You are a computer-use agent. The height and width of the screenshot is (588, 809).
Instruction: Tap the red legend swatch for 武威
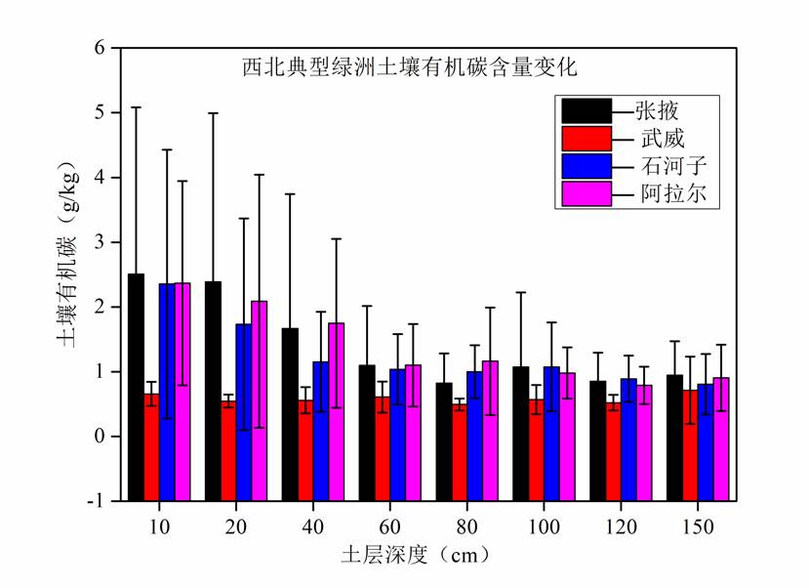click(x=586, y=138)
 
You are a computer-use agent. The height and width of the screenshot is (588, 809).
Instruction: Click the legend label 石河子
click(x=664, y=166)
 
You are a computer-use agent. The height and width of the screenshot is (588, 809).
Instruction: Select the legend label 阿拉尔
click(x=664, y=194)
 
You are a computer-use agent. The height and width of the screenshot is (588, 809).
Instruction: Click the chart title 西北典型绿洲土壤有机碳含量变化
click(x=411, y=68)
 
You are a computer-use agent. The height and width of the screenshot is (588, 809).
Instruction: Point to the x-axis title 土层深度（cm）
click(x=414, y=555)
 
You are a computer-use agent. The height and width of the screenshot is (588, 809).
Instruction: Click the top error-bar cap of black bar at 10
click(x=136, y=106)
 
